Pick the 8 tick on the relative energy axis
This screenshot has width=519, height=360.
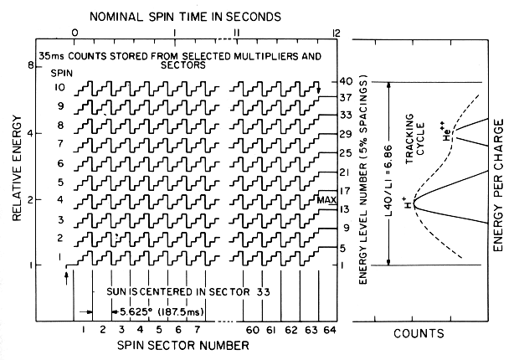click(31, 64)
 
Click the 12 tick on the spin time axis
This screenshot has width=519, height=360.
click(337, 33)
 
